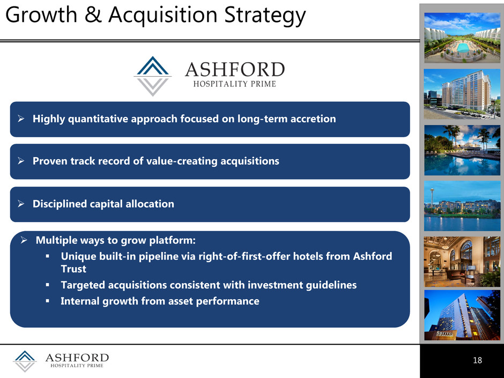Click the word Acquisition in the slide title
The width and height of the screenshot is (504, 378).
pyautogui.click(x=162, y=16)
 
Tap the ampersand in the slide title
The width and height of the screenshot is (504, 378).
pyautogui.click(x=93, y=15)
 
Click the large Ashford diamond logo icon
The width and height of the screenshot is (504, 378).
pyautogui.click(x=152, y=76)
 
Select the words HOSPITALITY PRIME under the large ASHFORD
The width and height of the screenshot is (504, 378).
pyautogui.click(x=235, y=84)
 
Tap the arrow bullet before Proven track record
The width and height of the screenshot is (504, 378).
pyautogui.click(x=21, y=161)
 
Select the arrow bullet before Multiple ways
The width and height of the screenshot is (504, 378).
pyautogui.click(x=24, y=240)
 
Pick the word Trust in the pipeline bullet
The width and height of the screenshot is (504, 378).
pyautogui.click(x=73, y=269)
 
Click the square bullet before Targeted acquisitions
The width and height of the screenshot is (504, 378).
pyautogui.click(x=47, y=285)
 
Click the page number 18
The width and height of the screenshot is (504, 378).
pyautogui.click(x=477, y=360)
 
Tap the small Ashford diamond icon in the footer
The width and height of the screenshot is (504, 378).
pyautogui.click(x=25, y=361)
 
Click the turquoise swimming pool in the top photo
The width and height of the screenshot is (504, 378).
pyautogui.click(x=463, y=48)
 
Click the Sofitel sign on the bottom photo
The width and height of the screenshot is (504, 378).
pyautogui.click(x=445, y=333)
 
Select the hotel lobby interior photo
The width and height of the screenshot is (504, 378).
pyautogui.click(x=462, y=262)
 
